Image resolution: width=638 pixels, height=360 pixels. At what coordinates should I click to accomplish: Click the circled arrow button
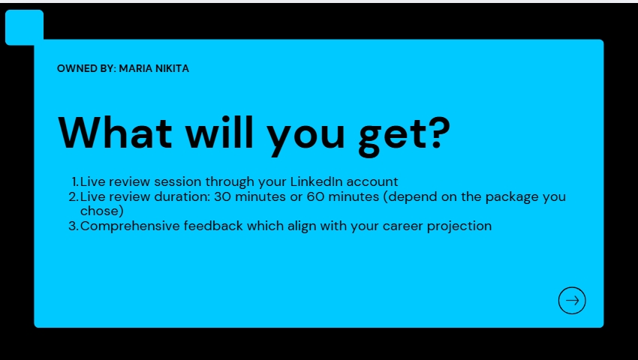pos(572,301)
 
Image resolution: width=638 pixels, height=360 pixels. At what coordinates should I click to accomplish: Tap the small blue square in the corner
pos(25,27)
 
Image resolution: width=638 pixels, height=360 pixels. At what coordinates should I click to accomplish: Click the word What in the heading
pos(115,133)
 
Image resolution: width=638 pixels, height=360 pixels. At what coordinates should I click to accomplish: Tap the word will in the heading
pos(220,132)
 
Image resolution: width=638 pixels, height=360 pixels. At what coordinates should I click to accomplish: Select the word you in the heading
pos(305,137)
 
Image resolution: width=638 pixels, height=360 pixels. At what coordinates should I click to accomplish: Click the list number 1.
pos(75,181)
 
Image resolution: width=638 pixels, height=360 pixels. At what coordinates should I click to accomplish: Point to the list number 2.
pos(74,197)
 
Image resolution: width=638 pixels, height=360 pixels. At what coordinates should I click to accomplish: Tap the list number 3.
pos(74,226)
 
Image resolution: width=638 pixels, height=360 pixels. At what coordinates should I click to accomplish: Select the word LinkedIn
pos(317,181)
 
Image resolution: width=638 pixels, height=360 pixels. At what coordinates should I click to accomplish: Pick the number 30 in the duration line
pos(223,197)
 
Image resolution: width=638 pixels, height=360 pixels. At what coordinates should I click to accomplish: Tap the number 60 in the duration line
pos(315,197)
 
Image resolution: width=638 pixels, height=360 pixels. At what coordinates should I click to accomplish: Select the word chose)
pos(102,211)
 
